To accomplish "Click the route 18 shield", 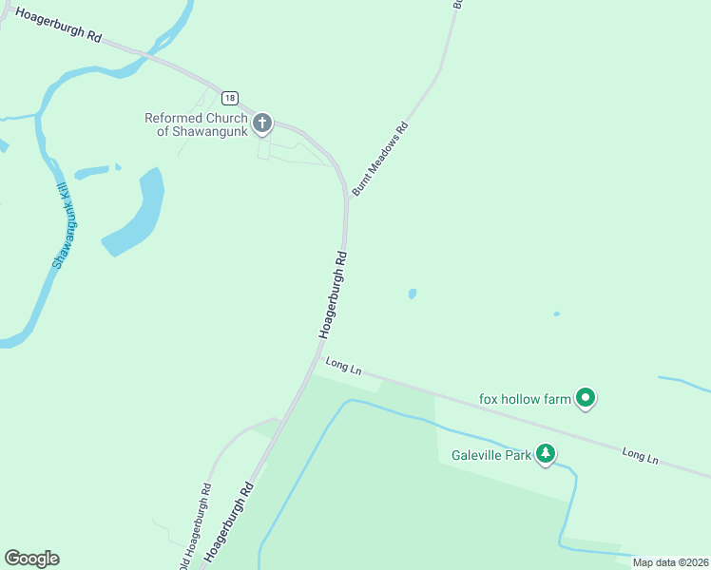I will point(230,98).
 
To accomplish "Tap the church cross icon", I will point(262,123).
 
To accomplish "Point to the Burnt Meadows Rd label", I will point(380,159).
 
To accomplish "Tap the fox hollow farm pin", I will point(586,399).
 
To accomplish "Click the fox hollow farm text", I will point(525,399).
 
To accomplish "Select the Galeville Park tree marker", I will point(545,454).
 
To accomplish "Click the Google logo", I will point(31,559).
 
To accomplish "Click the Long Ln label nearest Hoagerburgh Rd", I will point(343,366).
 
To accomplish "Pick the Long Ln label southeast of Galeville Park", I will point(640,454).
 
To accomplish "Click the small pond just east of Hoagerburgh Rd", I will point(412,294).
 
